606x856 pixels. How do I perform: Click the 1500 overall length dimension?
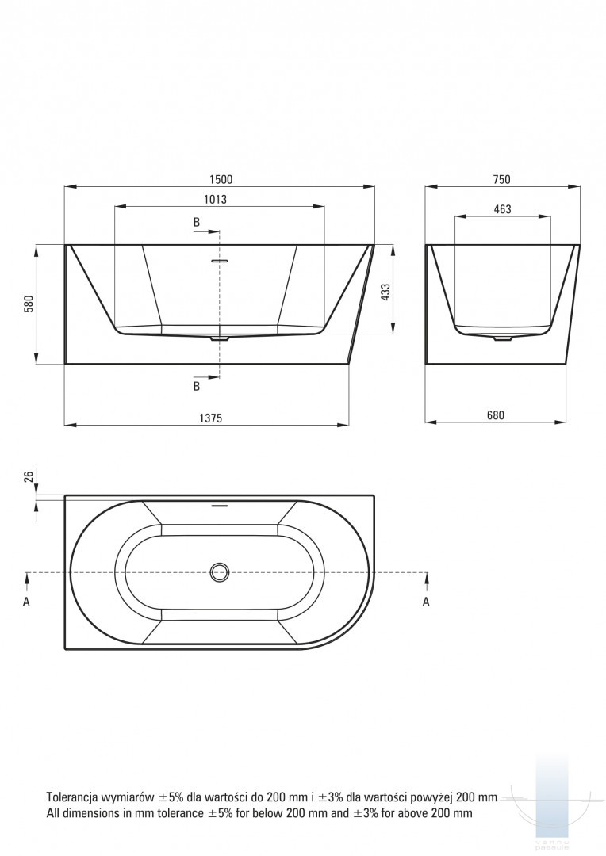(x=221, y=180)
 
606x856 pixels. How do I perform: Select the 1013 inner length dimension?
(x=215, y=199)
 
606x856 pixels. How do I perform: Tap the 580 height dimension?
(x=29, y=304)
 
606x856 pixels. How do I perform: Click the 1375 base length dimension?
(x=210, y=418)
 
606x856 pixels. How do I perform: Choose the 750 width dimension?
(x=501, y=180)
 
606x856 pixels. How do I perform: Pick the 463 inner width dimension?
(x=502, y=209)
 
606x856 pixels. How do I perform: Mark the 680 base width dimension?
(x=496, y=415)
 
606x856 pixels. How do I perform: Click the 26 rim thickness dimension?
(x=29, y=476)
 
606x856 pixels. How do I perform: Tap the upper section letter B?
(x=197, y=222)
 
